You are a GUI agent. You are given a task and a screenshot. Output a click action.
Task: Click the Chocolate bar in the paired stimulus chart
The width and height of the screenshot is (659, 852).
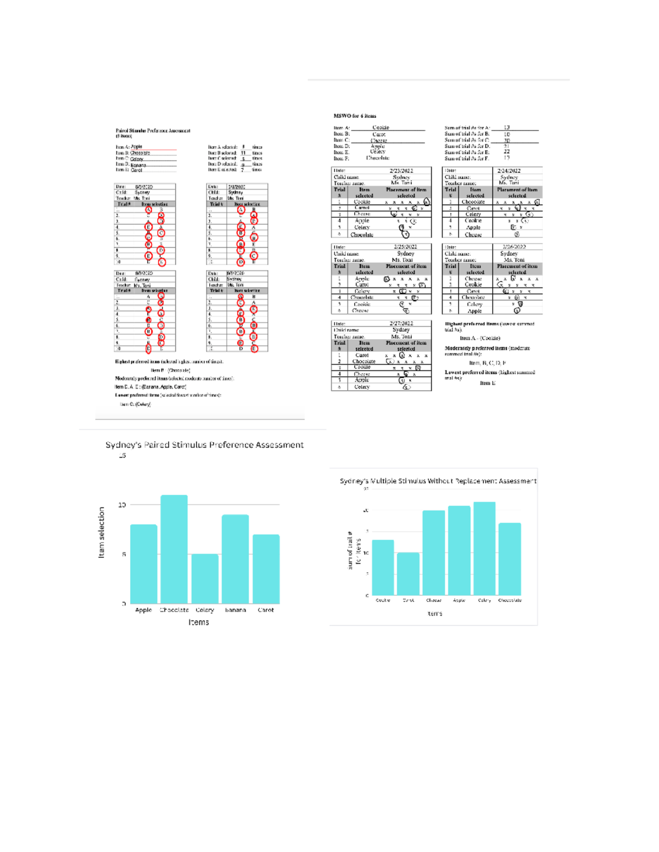pos(174,549)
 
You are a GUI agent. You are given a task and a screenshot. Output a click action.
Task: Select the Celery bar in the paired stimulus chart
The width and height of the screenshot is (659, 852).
pos(205,579)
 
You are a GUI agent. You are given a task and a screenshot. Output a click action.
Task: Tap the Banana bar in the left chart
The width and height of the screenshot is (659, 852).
pos(235,559)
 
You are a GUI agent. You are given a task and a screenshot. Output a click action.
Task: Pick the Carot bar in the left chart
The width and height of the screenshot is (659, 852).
pos(266,569)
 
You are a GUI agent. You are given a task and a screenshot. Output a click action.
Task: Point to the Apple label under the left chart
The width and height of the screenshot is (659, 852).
pos(143,610)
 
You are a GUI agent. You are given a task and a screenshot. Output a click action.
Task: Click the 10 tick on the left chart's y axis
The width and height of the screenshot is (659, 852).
pos(122,505)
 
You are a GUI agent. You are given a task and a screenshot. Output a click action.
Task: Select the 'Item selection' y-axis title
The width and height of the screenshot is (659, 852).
pos(101,533)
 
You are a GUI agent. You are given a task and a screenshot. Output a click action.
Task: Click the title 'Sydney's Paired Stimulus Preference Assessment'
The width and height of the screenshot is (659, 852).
pos(204,445)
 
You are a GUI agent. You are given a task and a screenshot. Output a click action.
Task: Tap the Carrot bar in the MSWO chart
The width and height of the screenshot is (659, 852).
pos(408,574)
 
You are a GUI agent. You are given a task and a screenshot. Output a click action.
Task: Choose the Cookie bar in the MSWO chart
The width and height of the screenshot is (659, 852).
pos(383,567)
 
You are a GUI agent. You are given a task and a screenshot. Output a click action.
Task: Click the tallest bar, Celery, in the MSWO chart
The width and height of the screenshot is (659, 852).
pos(484,549)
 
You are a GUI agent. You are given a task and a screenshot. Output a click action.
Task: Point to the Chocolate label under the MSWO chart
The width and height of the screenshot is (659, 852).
pos(510,600)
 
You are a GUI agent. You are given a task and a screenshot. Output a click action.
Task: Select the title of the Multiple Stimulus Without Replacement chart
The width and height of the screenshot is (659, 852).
pos(438,481)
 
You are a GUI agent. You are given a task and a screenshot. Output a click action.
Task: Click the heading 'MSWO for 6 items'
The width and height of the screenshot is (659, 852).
pos(355,116)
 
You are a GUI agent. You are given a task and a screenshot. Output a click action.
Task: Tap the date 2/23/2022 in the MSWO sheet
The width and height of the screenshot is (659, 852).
pos(401,171)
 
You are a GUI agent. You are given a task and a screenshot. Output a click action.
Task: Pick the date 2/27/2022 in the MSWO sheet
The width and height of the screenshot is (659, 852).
pos(401,324)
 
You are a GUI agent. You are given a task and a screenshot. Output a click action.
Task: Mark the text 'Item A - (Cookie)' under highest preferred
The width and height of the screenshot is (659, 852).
pos(480,338)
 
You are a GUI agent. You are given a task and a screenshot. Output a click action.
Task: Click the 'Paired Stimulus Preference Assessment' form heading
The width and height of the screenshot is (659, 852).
pos(153,131)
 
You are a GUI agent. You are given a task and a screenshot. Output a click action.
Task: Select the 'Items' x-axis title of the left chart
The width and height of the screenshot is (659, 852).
pos(198,622)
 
